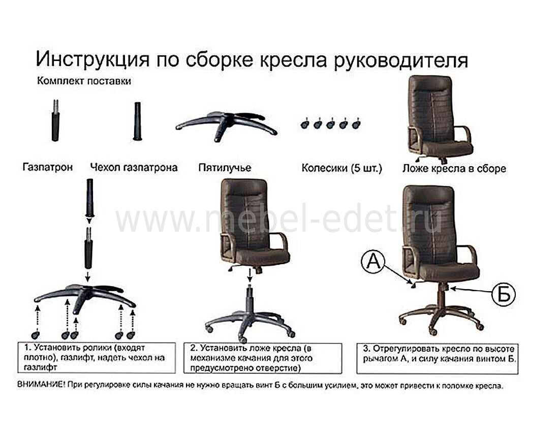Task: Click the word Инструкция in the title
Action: coord(92,59)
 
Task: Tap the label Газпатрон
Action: coord(47,167)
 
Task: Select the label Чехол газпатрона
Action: coord(134,167)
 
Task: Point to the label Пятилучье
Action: coord(225,168)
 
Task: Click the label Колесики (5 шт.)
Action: coord(341,168)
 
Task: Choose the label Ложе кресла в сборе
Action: coord(454,168)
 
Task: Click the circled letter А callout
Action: coord(374,262)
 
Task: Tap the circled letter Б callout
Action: coord(504,295)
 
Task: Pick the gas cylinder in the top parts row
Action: coord(55,121)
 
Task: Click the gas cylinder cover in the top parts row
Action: coord(137,121)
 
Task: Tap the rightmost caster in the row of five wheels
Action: coord(356,124)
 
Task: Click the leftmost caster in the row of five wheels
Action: coord(304,124)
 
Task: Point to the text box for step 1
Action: coord(97,358)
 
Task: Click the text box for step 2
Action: coord(263,358)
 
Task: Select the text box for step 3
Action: coord(438,359)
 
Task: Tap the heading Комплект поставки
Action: coord(84,81)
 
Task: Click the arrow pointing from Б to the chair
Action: coord(471,291)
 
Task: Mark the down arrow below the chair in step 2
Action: coord(250,275)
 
